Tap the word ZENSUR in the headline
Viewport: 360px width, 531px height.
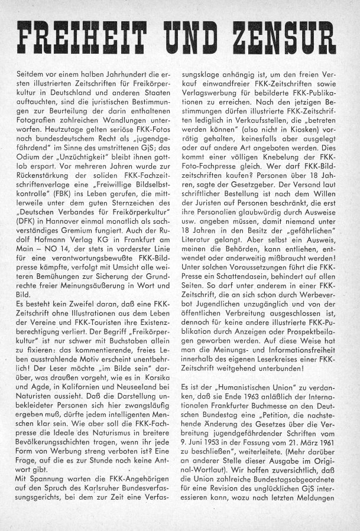pos(283,40)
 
